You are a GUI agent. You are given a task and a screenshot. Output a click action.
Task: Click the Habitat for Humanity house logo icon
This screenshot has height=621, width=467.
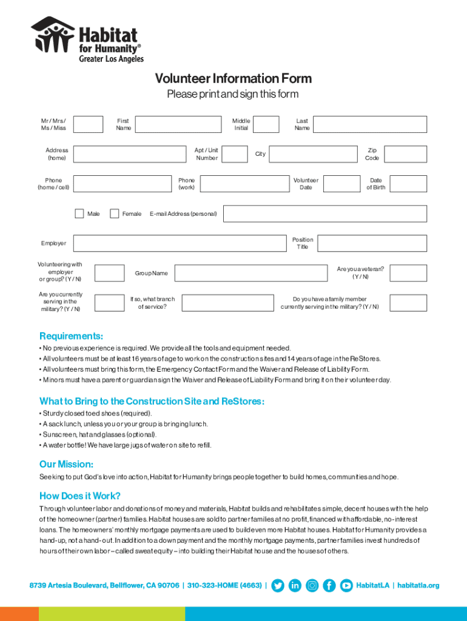53,35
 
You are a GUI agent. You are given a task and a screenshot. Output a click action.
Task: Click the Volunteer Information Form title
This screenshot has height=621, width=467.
233,79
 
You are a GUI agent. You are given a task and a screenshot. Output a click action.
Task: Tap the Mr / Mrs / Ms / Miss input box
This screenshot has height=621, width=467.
89,124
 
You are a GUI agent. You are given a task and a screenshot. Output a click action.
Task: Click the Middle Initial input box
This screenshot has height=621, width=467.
266,124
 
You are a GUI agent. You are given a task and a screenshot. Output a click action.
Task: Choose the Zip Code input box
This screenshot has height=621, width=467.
405,154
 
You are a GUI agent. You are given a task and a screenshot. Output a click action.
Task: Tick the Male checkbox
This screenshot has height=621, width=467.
79,213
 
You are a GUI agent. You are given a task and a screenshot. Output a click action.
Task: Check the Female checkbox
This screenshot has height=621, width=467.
114,213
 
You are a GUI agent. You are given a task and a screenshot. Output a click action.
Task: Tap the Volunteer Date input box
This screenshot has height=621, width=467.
341,184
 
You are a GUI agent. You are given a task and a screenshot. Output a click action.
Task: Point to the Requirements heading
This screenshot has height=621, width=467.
71,336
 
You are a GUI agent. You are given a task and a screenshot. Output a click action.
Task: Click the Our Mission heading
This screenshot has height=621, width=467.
66,464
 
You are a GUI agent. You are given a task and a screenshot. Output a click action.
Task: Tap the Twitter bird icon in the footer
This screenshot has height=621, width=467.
278,585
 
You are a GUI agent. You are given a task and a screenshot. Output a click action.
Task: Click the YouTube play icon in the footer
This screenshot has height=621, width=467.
346,585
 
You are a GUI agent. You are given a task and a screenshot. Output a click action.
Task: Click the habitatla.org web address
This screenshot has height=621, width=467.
418,585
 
